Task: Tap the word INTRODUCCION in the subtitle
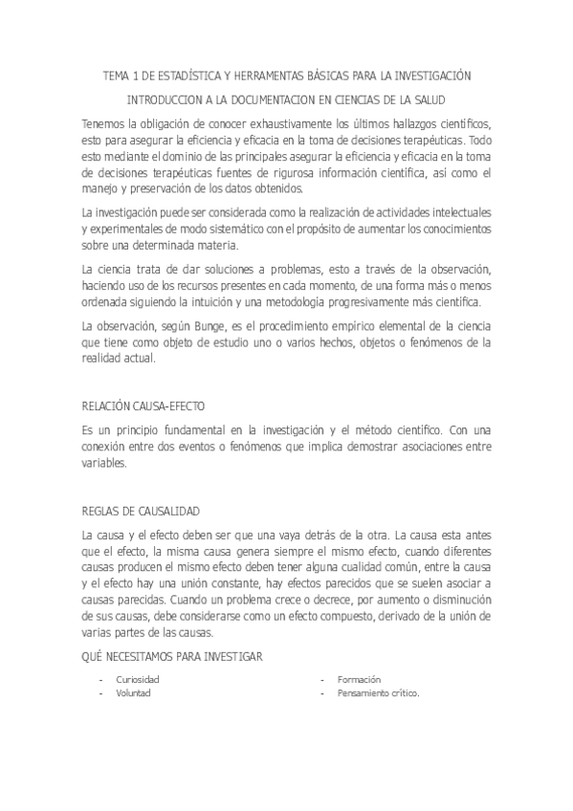click(x=165, y=99)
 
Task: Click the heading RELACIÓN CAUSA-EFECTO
click(x=144, y=405)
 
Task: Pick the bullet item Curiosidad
click(x=138, y=679)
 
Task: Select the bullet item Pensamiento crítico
click(x=378, y=693)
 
